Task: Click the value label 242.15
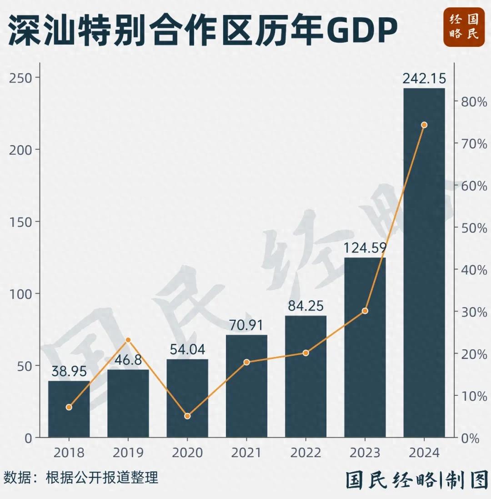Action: tap(424, 78)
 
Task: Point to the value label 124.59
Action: tap(365, 248)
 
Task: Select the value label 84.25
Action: tap(306, 306)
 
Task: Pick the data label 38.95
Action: tap(69, 372)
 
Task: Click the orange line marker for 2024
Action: tap(424, 125)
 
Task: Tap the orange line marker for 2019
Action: tap(128, 340)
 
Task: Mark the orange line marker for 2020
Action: tap(187, 416)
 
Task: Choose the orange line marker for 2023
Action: tap(365, 311)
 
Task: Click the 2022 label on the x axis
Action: tap(306, 453)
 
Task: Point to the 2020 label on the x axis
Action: tap(187, 453)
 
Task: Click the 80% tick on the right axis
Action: tap(474, 102)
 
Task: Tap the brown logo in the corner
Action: tap(464, 27)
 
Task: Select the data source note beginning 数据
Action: tap(81, 478)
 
